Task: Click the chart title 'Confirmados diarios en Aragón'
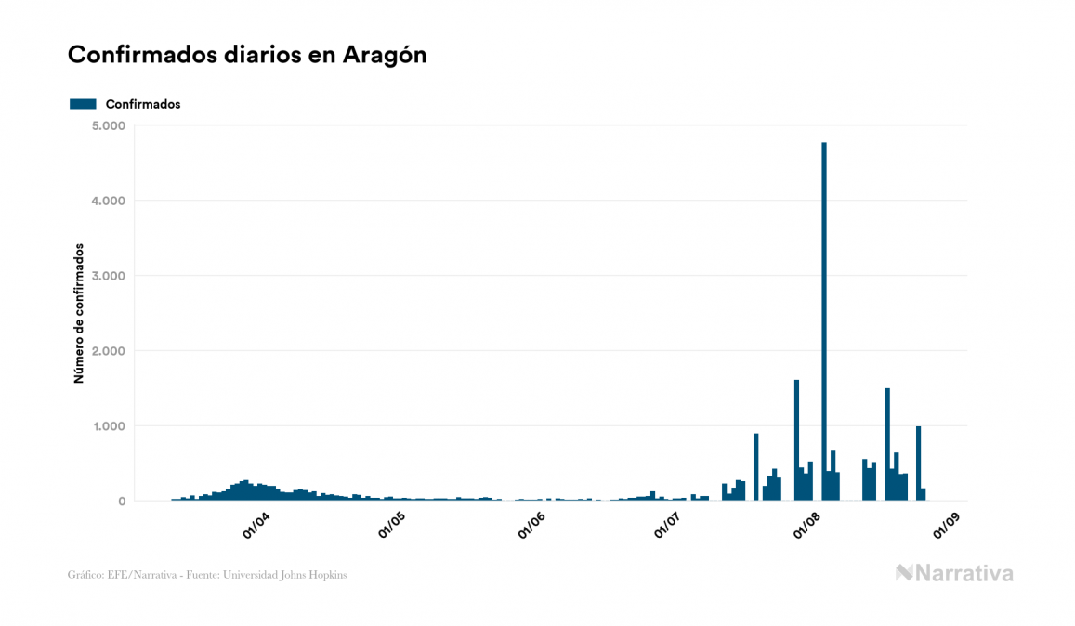pyautogui.click(x=247, y=55)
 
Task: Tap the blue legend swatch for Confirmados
pyautogui.click(x=83, y=104)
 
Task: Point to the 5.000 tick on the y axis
pyautogui.click(x=110, y=125)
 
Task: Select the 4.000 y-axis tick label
pyautogui.click(x=110, y=201)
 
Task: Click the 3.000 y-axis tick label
pyautogui.click(x=110, y=276)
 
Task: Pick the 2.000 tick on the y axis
pyautogui.click(x=110, y=351)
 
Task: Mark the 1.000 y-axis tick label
pyautogui.click(x=110, y=426)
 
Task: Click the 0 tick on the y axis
pyautogui.click(x=121, y=502)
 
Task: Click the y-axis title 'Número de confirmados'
pyautogui.click(x=80, y=314)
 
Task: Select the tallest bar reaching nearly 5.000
pyautogui.click(x=824, y=325)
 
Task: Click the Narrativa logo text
pyautogui.click(x=964, y=574)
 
